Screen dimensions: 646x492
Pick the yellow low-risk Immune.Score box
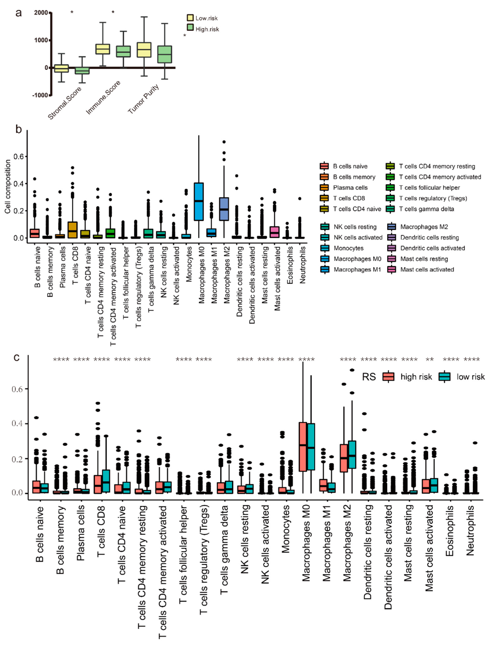(x=103, y=49)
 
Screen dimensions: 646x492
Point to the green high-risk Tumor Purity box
(x=165, y=54)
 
